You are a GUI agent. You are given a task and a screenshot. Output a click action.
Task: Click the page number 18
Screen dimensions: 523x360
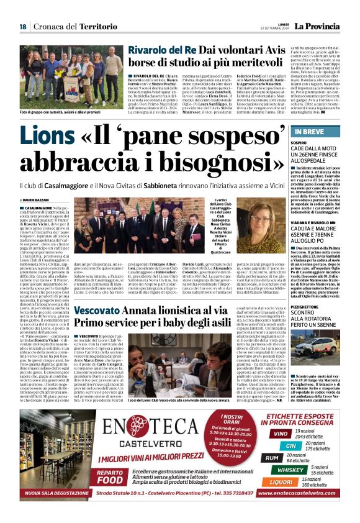tap(22, 26)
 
